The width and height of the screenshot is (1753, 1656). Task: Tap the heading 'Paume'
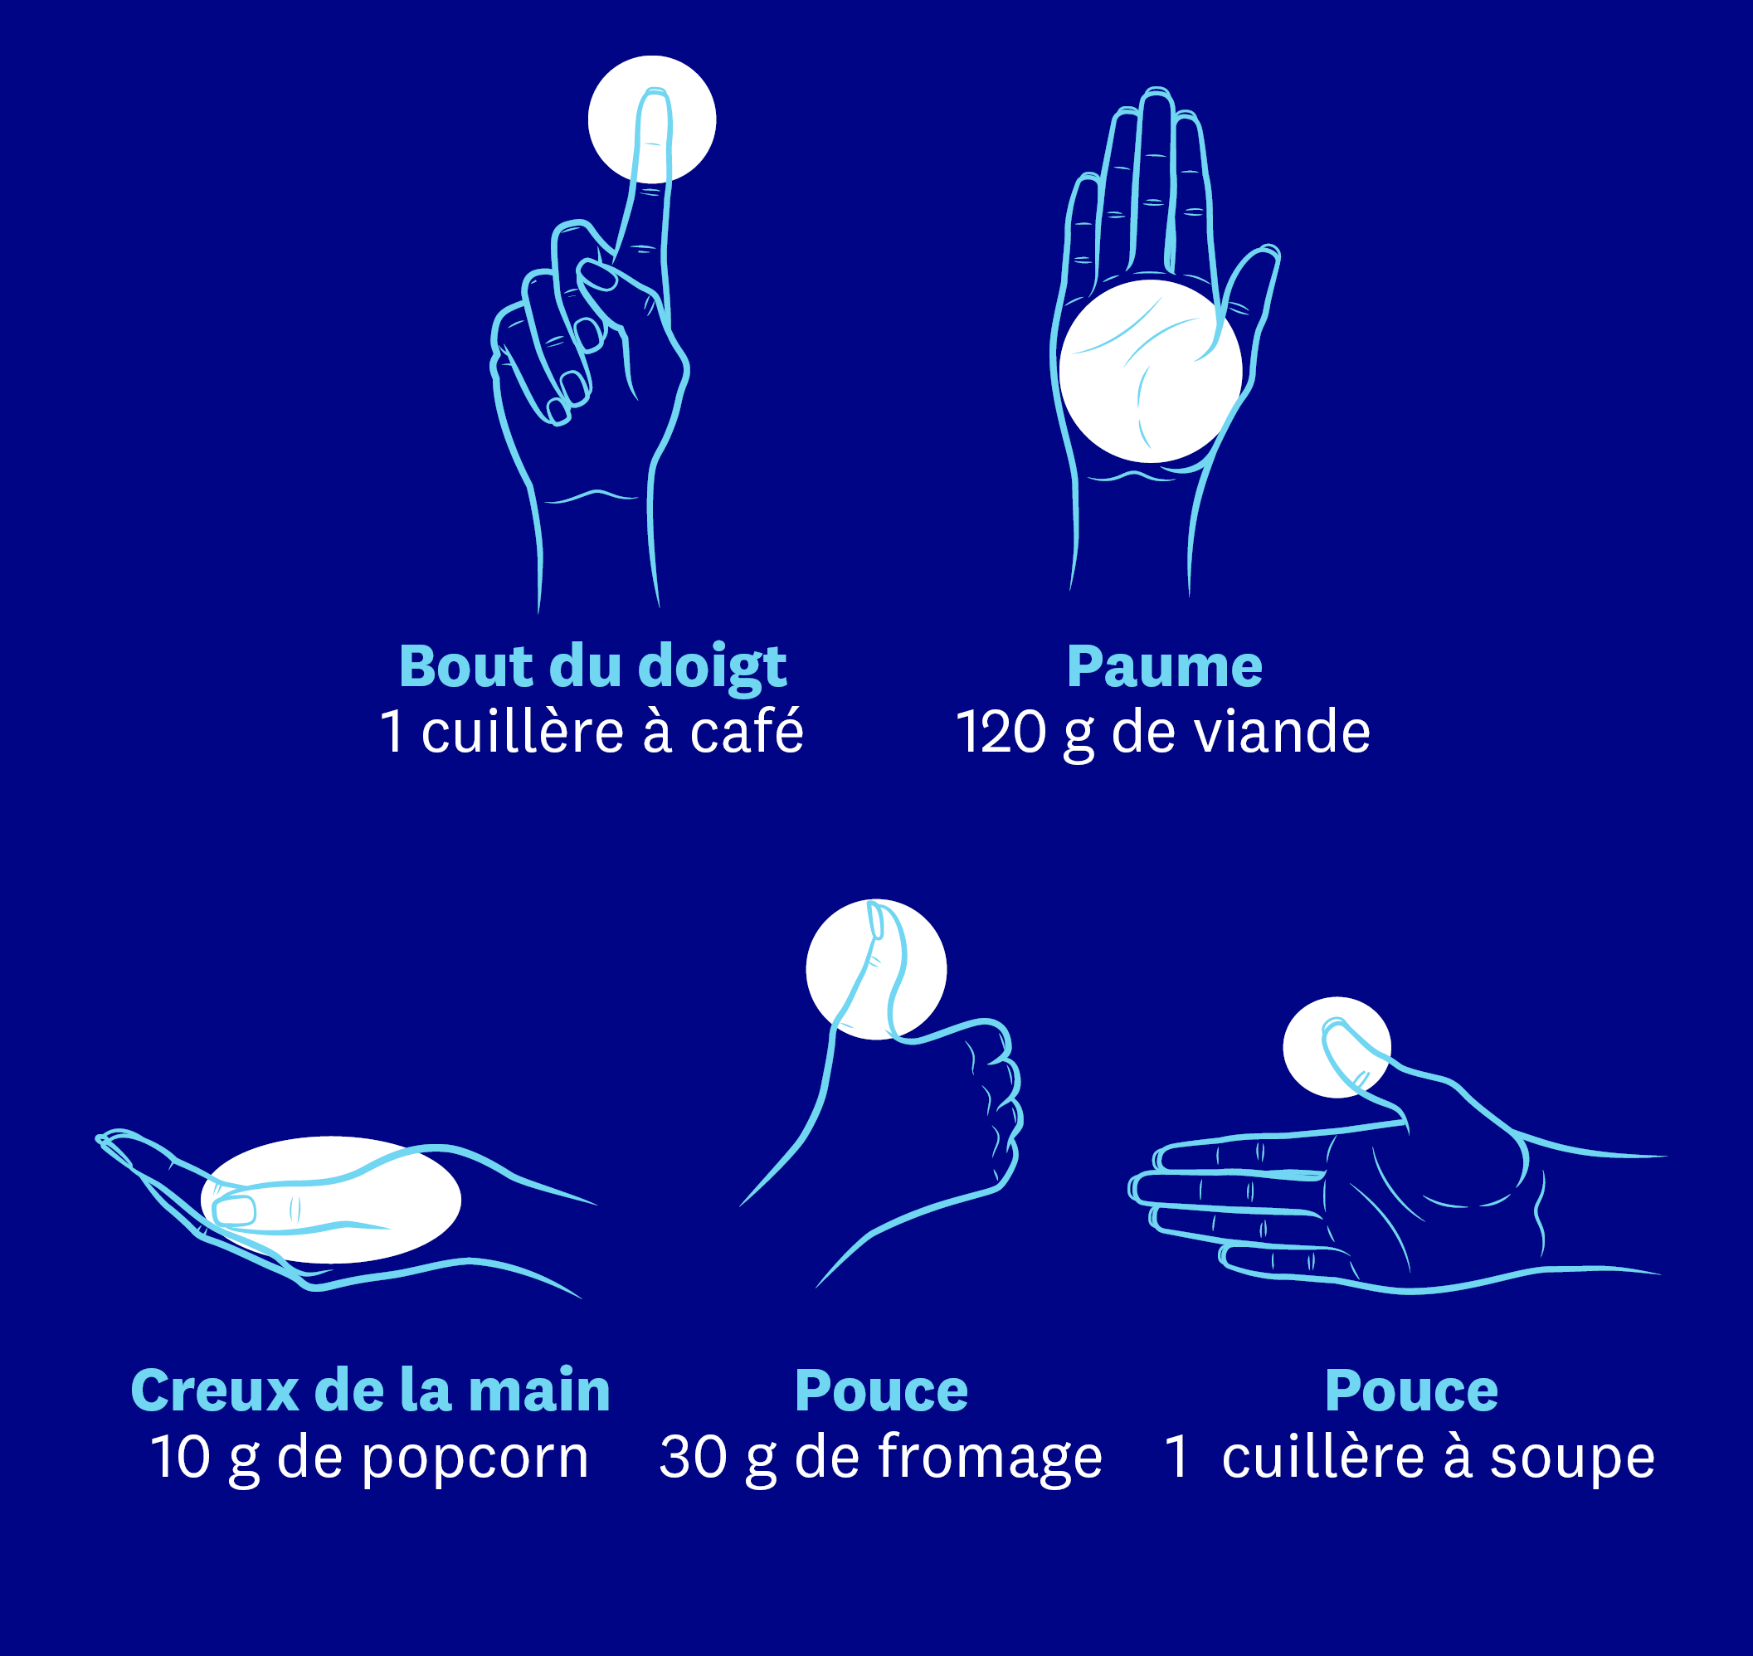[1164, 666]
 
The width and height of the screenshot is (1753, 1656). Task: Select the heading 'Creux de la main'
[370, 1391]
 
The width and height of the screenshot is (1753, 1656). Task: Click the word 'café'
[747, 732]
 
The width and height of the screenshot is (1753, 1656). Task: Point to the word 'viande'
[1281, 732]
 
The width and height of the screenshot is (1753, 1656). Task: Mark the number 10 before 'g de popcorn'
[181, 1458]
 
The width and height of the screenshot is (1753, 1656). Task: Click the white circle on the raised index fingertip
[651, 119]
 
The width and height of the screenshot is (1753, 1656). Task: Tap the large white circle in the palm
[1150, 371]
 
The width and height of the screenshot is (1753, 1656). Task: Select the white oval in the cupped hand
[331, 1200]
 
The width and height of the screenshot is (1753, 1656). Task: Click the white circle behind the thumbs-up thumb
[875, 969]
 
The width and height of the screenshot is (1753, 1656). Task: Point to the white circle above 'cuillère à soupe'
[1337, 1048]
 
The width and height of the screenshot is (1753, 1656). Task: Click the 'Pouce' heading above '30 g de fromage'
[881, 1391]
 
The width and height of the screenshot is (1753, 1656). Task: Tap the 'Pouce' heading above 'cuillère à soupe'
[1411, 1391]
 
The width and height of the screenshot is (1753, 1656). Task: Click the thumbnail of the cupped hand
[235, 1210]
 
